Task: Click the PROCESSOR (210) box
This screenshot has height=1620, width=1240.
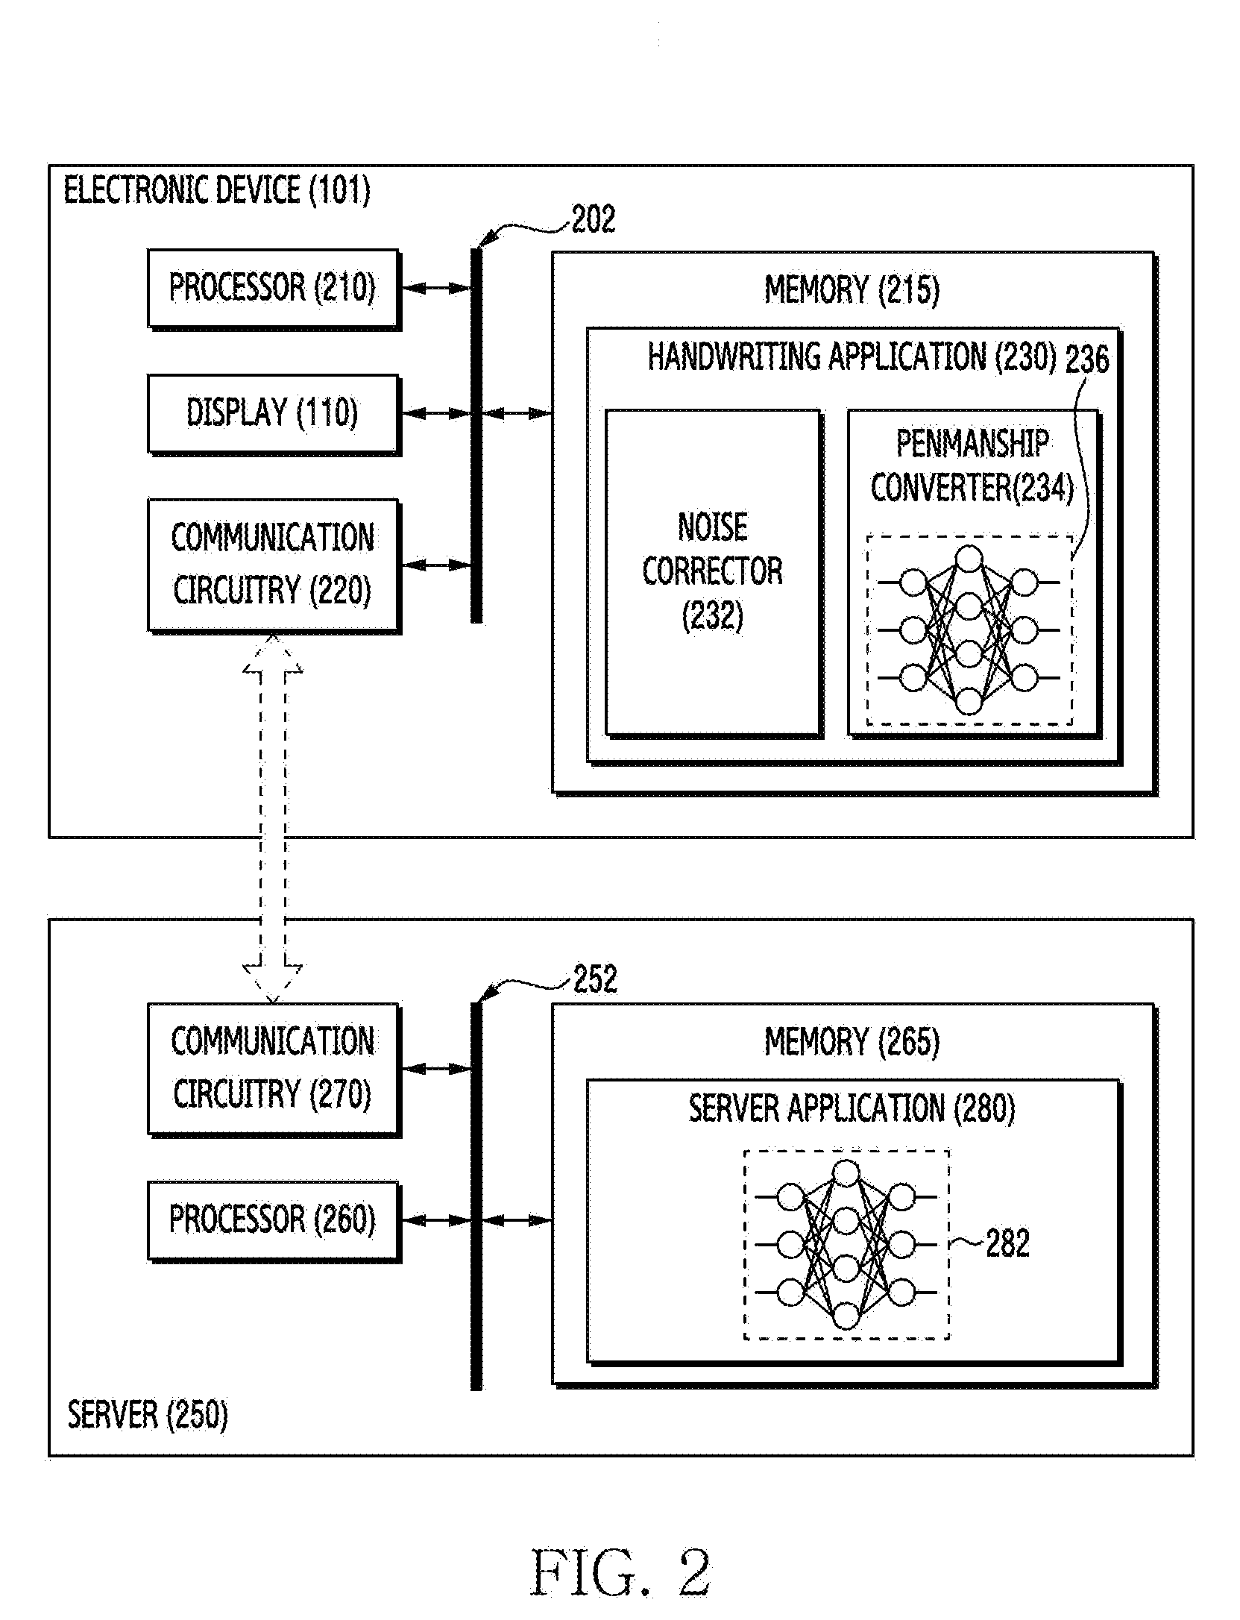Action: tap(274, 289)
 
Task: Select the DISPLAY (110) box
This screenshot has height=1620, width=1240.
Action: tap(274, 414)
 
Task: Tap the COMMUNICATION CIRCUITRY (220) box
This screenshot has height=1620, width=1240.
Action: tap(274, 566)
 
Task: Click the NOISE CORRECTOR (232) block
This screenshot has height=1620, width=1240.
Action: tap(714, 572)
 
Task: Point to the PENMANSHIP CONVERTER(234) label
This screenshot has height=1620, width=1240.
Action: tap(972, 467)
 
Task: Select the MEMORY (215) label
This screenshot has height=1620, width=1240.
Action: tap(852, 289)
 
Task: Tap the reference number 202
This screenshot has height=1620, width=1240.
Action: tap(594, 219)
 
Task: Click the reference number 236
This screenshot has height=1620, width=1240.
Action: tap(1087, 360)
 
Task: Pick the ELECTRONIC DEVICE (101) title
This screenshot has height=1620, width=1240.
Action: tap(217, 190)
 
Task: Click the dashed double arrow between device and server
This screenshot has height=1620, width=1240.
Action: tap(273, 818)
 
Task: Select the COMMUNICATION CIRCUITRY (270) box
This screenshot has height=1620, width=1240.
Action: tap(274, 1070)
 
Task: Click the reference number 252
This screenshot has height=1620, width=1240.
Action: tap(595, 979)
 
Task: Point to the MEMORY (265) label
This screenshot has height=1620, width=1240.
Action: tap(852, 1042)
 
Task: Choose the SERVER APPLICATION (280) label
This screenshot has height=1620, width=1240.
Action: tap(852, 1109)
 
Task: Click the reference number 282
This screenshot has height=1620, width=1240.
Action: tap(1007, 1243)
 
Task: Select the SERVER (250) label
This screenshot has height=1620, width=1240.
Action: tap(148, 1415)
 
